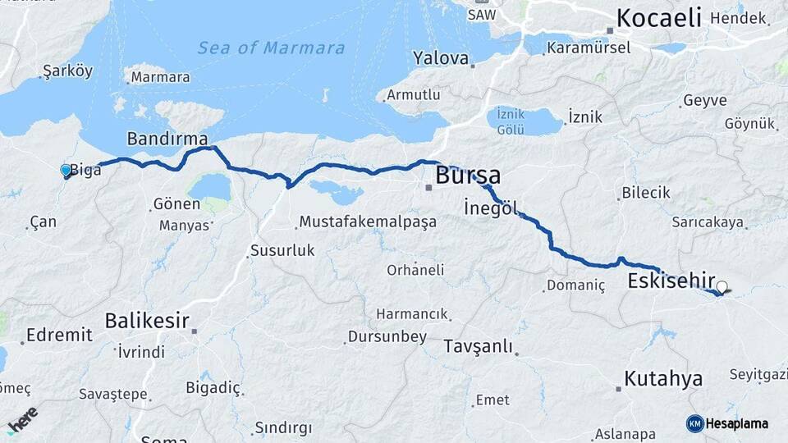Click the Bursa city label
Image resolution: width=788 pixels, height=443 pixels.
point(468,175)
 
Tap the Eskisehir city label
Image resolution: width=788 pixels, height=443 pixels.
point(671,281)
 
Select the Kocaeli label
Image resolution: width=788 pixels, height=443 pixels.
point(659,17)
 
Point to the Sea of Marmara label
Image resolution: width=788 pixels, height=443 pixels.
point(271,48)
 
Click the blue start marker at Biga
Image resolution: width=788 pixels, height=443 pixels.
point(66,170)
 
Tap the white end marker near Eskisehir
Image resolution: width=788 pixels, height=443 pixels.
point(722,287)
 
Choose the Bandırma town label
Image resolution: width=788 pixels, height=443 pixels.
point(167,137)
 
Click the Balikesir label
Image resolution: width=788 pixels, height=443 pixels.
point(148,321)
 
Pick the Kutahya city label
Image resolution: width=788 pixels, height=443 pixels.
point(663,379)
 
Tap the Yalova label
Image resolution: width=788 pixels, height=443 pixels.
point(442,58)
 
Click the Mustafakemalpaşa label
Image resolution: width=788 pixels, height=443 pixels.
point(368,221)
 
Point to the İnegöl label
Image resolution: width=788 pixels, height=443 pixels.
point(491,208)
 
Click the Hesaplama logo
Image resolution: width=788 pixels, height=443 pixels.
point(727,423)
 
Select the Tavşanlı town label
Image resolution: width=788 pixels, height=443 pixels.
point(479,346)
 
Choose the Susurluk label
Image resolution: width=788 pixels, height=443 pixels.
point(282,251)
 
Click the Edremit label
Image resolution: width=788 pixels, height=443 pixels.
point(59,335)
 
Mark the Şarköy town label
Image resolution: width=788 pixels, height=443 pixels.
point(67,71)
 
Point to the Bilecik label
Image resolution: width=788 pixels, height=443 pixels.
point(645,193)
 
